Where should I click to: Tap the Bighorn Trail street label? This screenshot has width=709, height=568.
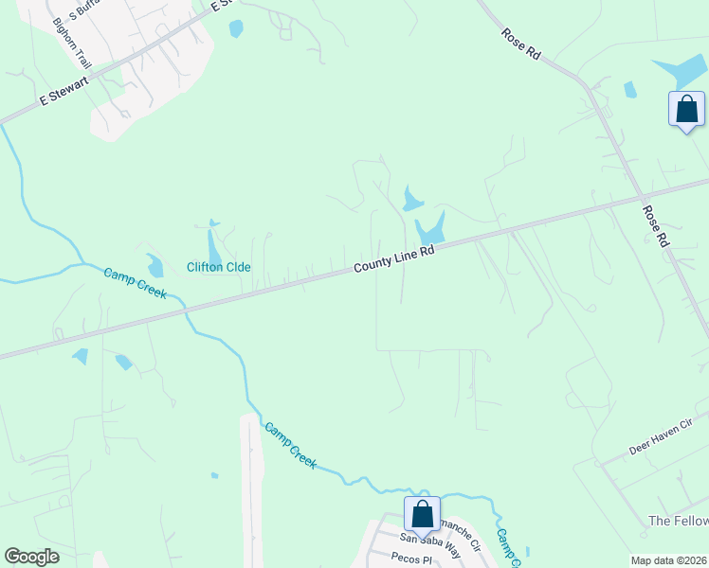(73, 43)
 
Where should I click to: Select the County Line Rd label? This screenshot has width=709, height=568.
(394, 257)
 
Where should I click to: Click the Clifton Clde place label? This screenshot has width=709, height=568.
(219, 267)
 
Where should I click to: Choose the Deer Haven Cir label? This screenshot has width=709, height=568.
(662, 438)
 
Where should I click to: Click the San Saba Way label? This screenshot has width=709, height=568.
(428, 539)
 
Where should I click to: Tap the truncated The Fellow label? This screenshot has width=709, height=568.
(677, 522)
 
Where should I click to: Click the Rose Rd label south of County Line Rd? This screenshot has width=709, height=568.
(655, 227)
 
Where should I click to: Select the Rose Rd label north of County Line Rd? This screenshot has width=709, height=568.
(520, 44)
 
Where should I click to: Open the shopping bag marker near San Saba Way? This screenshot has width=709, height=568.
(422, 514)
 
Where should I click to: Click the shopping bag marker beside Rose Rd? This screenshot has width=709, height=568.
(686, 109)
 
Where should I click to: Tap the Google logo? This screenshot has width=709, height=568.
(31, 557)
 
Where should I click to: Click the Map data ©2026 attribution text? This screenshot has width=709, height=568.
(668, 560)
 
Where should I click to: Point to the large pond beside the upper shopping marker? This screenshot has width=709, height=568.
(681, 72)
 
